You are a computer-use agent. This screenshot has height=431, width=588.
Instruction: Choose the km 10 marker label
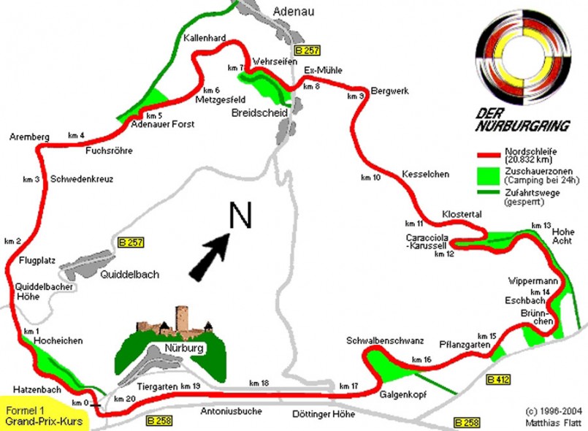click(x=371, y=177)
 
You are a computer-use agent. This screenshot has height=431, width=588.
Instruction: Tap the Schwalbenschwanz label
click(x=384, y=341)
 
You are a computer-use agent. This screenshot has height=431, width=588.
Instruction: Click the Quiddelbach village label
click(x=130, y=275)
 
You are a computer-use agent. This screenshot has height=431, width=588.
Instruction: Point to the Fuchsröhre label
click(x=107, y=152)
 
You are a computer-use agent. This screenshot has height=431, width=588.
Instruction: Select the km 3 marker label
click(x=31, y=180)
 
